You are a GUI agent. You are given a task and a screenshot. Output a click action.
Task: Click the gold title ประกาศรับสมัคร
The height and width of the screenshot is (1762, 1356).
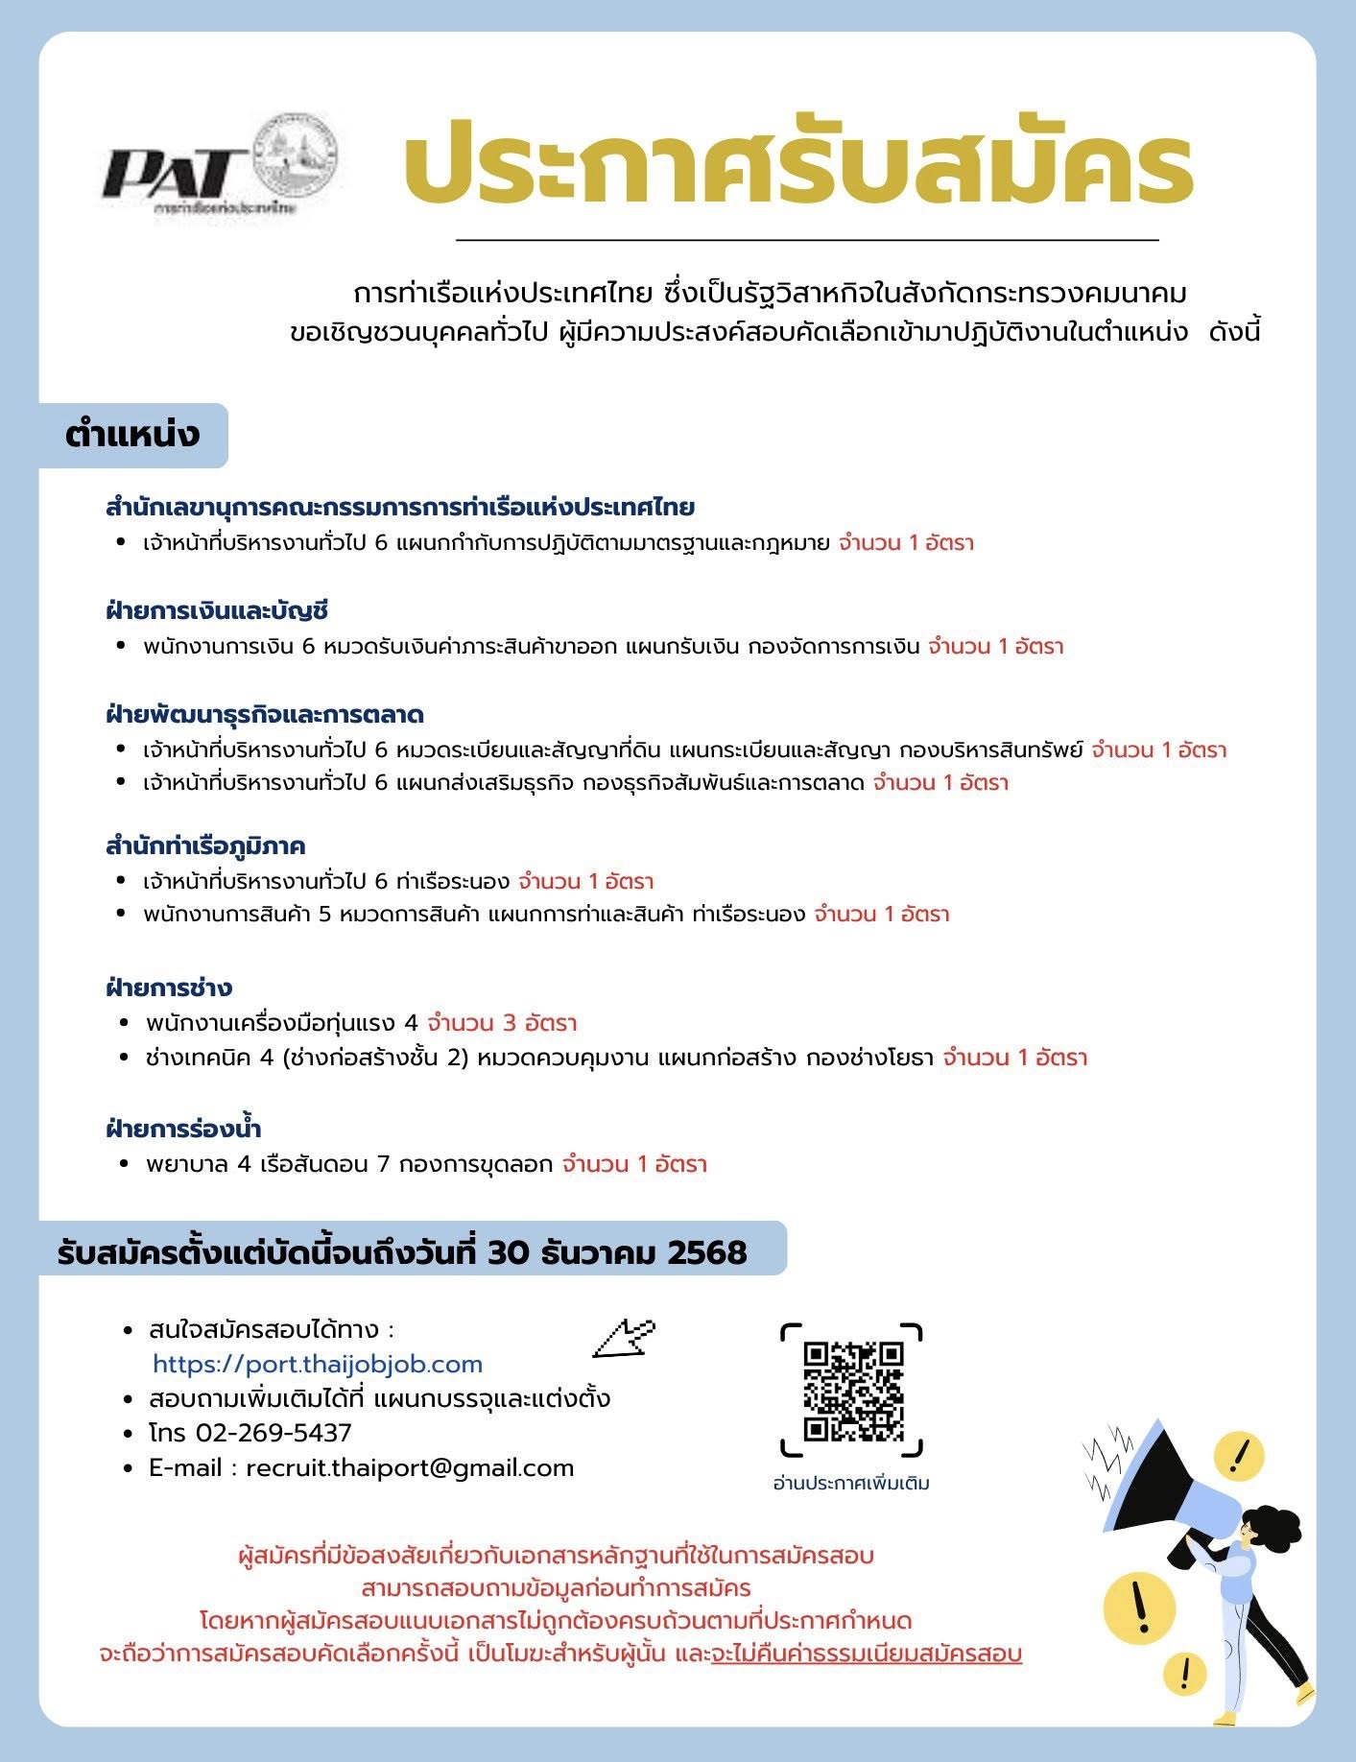coord(797,169)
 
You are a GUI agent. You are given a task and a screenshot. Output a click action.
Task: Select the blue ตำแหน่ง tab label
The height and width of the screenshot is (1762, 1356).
coord(132,435)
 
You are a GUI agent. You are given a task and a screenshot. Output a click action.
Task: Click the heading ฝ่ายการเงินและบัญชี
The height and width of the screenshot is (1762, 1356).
coord(218,610)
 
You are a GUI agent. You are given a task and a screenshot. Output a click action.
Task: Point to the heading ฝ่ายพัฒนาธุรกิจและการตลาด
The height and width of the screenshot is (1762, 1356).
coord(265,714)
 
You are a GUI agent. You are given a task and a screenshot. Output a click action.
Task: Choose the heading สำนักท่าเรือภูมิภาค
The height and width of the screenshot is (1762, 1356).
coord(205,845)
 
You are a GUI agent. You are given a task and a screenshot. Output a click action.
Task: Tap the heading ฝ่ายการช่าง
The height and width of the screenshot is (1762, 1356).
coord(169,988)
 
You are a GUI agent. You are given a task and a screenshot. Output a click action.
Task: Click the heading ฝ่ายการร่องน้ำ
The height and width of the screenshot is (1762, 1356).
coord(183,1129)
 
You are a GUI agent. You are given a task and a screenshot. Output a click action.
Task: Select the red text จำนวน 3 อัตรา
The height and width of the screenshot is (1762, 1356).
coord(502,1022)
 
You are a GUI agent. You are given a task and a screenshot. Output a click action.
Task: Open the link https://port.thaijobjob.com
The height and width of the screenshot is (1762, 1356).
coord(318,1364)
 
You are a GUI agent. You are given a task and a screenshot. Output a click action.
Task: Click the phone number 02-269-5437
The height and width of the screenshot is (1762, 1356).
coord(274,1433)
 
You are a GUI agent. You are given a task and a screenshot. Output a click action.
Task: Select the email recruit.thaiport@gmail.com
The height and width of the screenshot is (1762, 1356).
coord(410,1467)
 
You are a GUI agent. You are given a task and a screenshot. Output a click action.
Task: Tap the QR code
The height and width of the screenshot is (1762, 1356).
coord(853,1391)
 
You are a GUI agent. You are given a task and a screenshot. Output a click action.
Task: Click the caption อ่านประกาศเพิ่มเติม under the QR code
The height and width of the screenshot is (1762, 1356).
coord(851,1483)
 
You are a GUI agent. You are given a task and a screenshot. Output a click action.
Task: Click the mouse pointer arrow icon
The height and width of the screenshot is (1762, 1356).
coord(624,1337)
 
